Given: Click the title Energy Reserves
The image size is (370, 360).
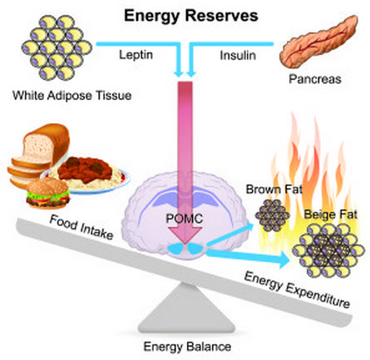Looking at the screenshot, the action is (x=191, y=16).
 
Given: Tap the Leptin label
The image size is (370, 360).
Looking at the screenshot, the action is (x=136, y=55).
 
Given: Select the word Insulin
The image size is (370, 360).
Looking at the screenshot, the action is (x=238, y=56).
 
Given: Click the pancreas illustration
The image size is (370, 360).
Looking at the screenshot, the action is (x=318, y=41).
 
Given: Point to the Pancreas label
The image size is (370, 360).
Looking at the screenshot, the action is (x=315, y=79).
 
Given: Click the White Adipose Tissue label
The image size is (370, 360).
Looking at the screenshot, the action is (x=72, y=96).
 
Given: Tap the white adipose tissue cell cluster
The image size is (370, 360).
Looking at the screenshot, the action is (x=57, y=47).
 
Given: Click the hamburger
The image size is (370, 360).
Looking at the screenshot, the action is (x=47, y=193).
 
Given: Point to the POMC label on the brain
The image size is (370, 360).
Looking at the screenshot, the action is (x=185, y=219).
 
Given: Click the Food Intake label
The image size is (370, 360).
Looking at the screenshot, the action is (x=81, y=228).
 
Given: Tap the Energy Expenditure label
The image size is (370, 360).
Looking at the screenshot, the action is (x=297, y=290).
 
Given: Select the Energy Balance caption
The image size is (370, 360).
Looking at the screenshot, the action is (x=187, y=347).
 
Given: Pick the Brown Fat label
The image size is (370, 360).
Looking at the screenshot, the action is (x=274, y=190).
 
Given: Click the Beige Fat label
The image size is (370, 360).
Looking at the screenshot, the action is (x=331, y=215).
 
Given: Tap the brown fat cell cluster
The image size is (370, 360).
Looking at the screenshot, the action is (x=272, y=215).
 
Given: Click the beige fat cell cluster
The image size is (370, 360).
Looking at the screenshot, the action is (x=328, y=250).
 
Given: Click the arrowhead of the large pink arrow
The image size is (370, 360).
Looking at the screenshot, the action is (x=185, y=235).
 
